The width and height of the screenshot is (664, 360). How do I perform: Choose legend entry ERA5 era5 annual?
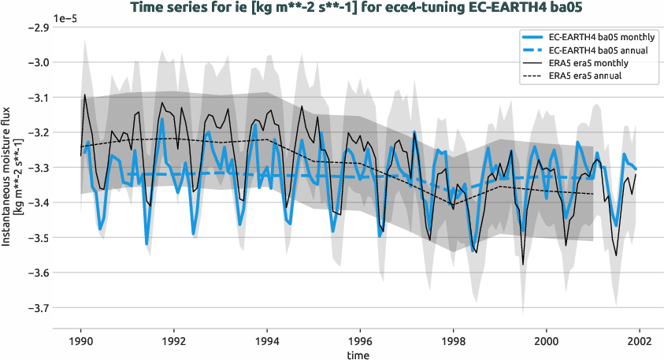[583, 76]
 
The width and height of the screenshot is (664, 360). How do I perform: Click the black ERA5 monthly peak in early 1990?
[85, 95]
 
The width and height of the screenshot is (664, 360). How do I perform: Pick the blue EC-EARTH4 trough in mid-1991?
[147, 244]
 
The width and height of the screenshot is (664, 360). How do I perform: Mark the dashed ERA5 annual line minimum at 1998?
[453, 204]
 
